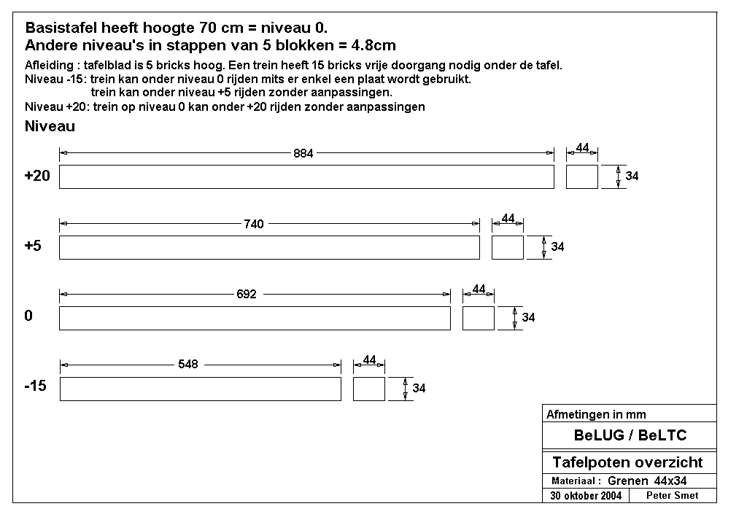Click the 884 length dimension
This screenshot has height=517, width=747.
point(303,153)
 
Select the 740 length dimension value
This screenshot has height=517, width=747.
point(253,224)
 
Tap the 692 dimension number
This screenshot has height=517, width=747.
point(247,294)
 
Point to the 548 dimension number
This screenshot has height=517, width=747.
point(187,364)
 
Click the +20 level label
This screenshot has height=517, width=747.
point(37,176)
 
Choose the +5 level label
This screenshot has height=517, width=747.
point(33,246)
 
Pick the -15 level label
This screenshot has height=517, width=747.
point(35,386)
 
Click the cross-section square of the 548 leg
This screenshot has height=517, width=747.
point(368,389)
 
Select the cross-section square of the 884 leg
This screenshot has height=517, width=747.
point(581,177)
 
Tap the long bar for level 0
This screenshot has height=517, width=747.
point(255,318)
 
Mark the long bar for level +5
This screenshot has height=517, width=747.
point(269,247)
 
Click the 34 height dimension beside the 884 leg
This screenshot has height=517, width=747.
point(632,176)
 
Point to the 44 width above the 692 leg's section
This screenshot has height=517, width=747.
point(479,289)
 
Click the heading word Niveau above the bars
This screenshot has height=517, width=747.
point(50,126)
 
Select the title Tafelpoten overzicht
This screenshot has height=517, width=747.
point(627,462)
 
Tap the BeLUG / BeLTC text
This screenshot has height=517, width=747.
point(630,435)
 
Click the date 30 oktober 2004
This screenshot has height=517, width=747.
point(586,496)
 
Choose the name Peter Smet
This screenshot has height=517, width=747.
point(672,495)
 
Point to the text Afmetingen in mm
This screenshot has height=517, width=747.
point(596,414)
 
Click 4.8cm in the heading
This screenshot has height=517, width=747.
point(373,45)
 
